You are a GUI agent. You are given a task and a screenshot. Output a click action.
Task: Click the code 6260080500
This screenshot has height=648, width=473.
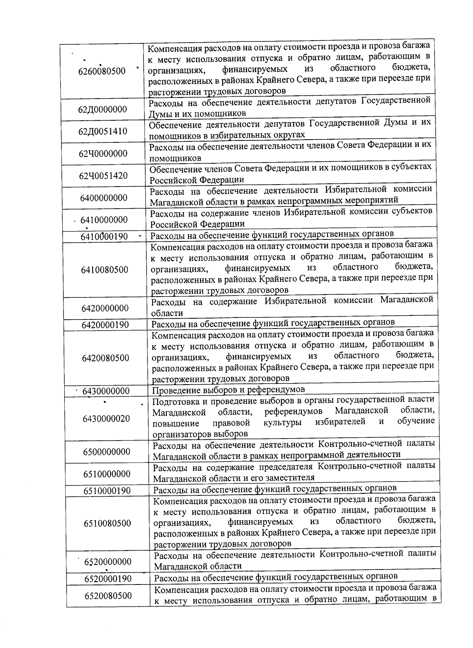tap(102, 71)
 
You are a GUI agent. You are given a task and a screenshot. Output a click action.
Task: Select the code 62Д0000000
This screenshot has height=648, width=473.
tap(102, 109)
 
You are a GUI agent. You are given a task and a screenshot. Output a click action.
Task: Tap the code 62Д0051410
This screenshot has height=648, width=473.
tap(103, 131)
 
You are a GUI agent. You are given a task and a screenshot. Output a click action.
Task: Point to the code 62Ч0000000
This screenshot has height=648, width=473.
tap(103, 153)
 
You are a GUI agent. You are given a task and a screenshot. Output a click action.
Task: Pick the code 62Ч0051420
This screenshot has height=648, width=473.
tap(104, 176)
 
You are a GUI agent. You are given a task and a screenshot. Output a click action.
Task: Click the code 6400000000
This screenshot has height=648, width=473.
tap(104, 198)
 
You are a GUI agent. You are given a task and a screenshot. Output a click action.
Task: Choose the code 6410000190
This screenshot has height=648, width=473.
tap(104, 237)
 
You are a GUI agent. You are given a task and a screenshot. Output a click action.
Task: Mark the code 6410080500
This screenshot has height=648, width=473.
tap(105, 270)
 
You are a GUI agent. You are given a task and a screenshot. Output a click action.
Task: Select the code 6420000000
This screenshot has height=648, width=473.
tap(105, 308)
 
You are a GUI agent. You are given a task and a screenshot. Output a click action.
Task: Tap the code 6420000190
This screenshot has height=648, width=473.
tap(105, 325)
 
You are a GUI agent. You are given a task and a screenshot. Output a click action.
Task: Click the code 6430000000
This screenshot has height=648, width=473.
tap(106, 391)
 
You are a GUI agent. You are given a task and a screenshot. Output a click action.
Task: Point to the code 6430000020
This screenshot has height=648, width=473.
tap(106, 418)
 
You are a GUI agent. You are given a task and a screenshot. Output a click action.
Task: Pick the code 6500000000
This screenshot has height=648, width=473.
tap(106, 452)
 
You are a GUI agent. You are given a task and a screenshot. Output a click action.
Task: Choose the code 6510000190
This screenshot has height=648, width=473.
tap(107, 491)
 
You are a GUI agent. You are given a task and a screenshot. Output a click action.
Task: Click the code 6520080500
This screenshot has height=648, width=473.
tap(108, 596)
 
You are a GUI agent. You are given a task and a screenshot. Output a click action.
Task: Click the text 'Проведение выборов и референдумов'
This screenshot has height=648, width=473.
tap(229, 390)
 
